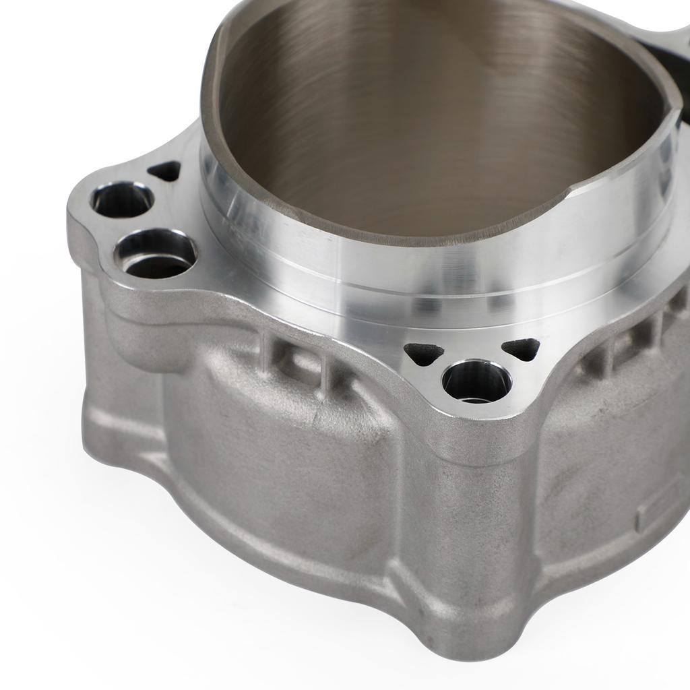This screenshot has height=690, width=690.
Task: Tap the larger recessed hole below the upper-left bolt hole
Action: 156,255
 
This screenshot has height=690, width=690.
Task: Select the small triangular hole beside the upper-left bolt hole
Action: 164,172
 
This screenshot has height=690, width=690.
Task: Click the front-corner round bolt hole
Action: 476,381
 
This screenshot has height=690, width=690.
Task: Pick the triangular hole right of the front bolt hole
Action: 522,348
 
